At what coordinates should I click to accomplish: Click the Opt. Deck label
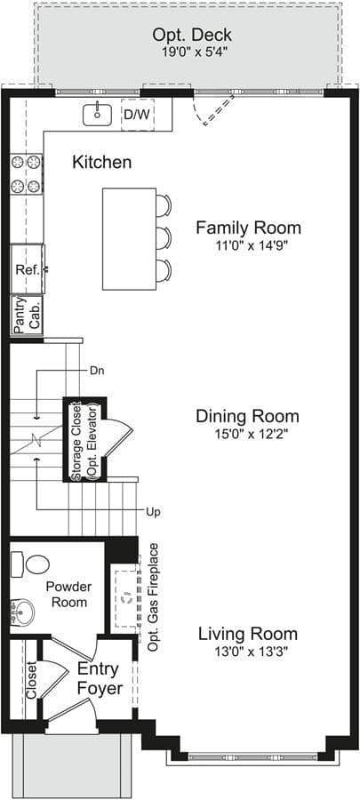pyautogui.click(x=192, y=36)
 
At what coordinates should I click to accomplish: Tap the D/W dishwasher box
pyautogui.click(x=138, y=115)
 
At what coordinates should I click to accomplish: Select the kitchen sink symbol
pyautogui.click(x=97, y=114)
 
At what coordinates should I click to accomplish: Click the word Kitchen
pyautogui.click(x=102, y=163)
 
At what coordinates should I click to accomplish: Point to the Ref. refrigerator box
pyautogui.click(x=28, y=269)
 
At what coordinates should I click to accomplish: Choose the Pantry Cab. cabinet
pyautogui.click(x=27, y=316)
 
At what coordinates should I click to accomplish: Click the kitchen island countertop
pyautogui.click(x=129, y=239)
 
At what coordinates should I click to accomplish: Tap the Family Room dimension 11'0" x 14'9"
pyautogui.click(x=248, y=245)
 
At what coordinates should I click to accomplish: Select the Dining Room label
pyautogui.click(x=248, y=416)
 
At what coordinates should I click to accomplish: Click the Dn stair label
pyautogui.click(x=97, y=371)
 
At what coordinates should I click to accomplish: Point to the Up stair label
pyautogui.click(x=153, y=512)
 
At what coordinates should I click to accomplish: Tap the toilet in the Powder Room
pyautogui.click(x=31, y=564)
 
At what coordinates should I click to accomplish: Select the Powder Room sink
pyautogui.click(x=22, y=611)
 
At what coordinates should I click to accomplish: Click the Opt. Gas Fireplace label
pyautogui.click(x=153, y=597)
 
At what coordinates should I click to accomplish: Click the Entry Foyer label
pyautogui.click(x=100, y=678)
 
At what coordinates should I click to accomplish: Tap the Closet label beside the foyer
pyautogui.click(x=32, y=681)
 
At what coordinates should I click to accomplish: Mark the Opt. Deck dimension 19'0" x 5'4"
pyautogui.click(x=192, y=52)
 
